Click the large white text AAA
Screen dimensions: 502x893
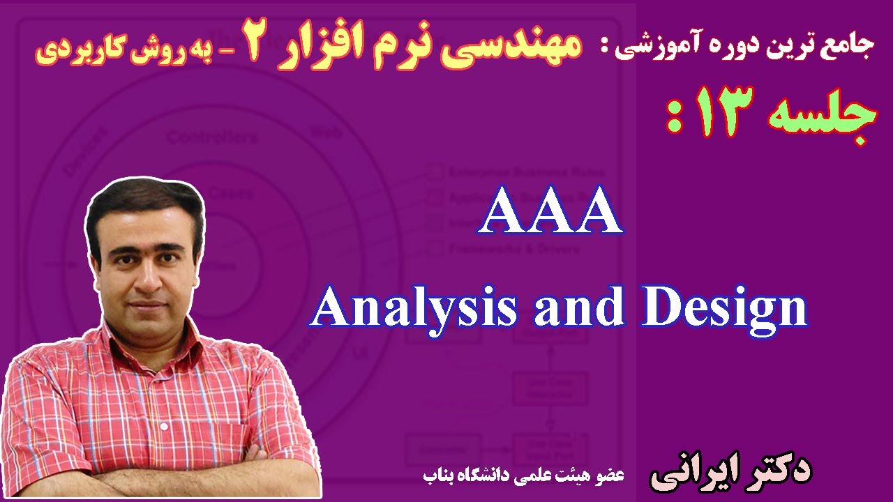550,214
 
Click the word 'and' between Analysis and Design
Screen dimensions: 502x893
578,309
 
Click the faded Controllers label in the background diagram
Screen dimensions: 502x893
211,137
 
